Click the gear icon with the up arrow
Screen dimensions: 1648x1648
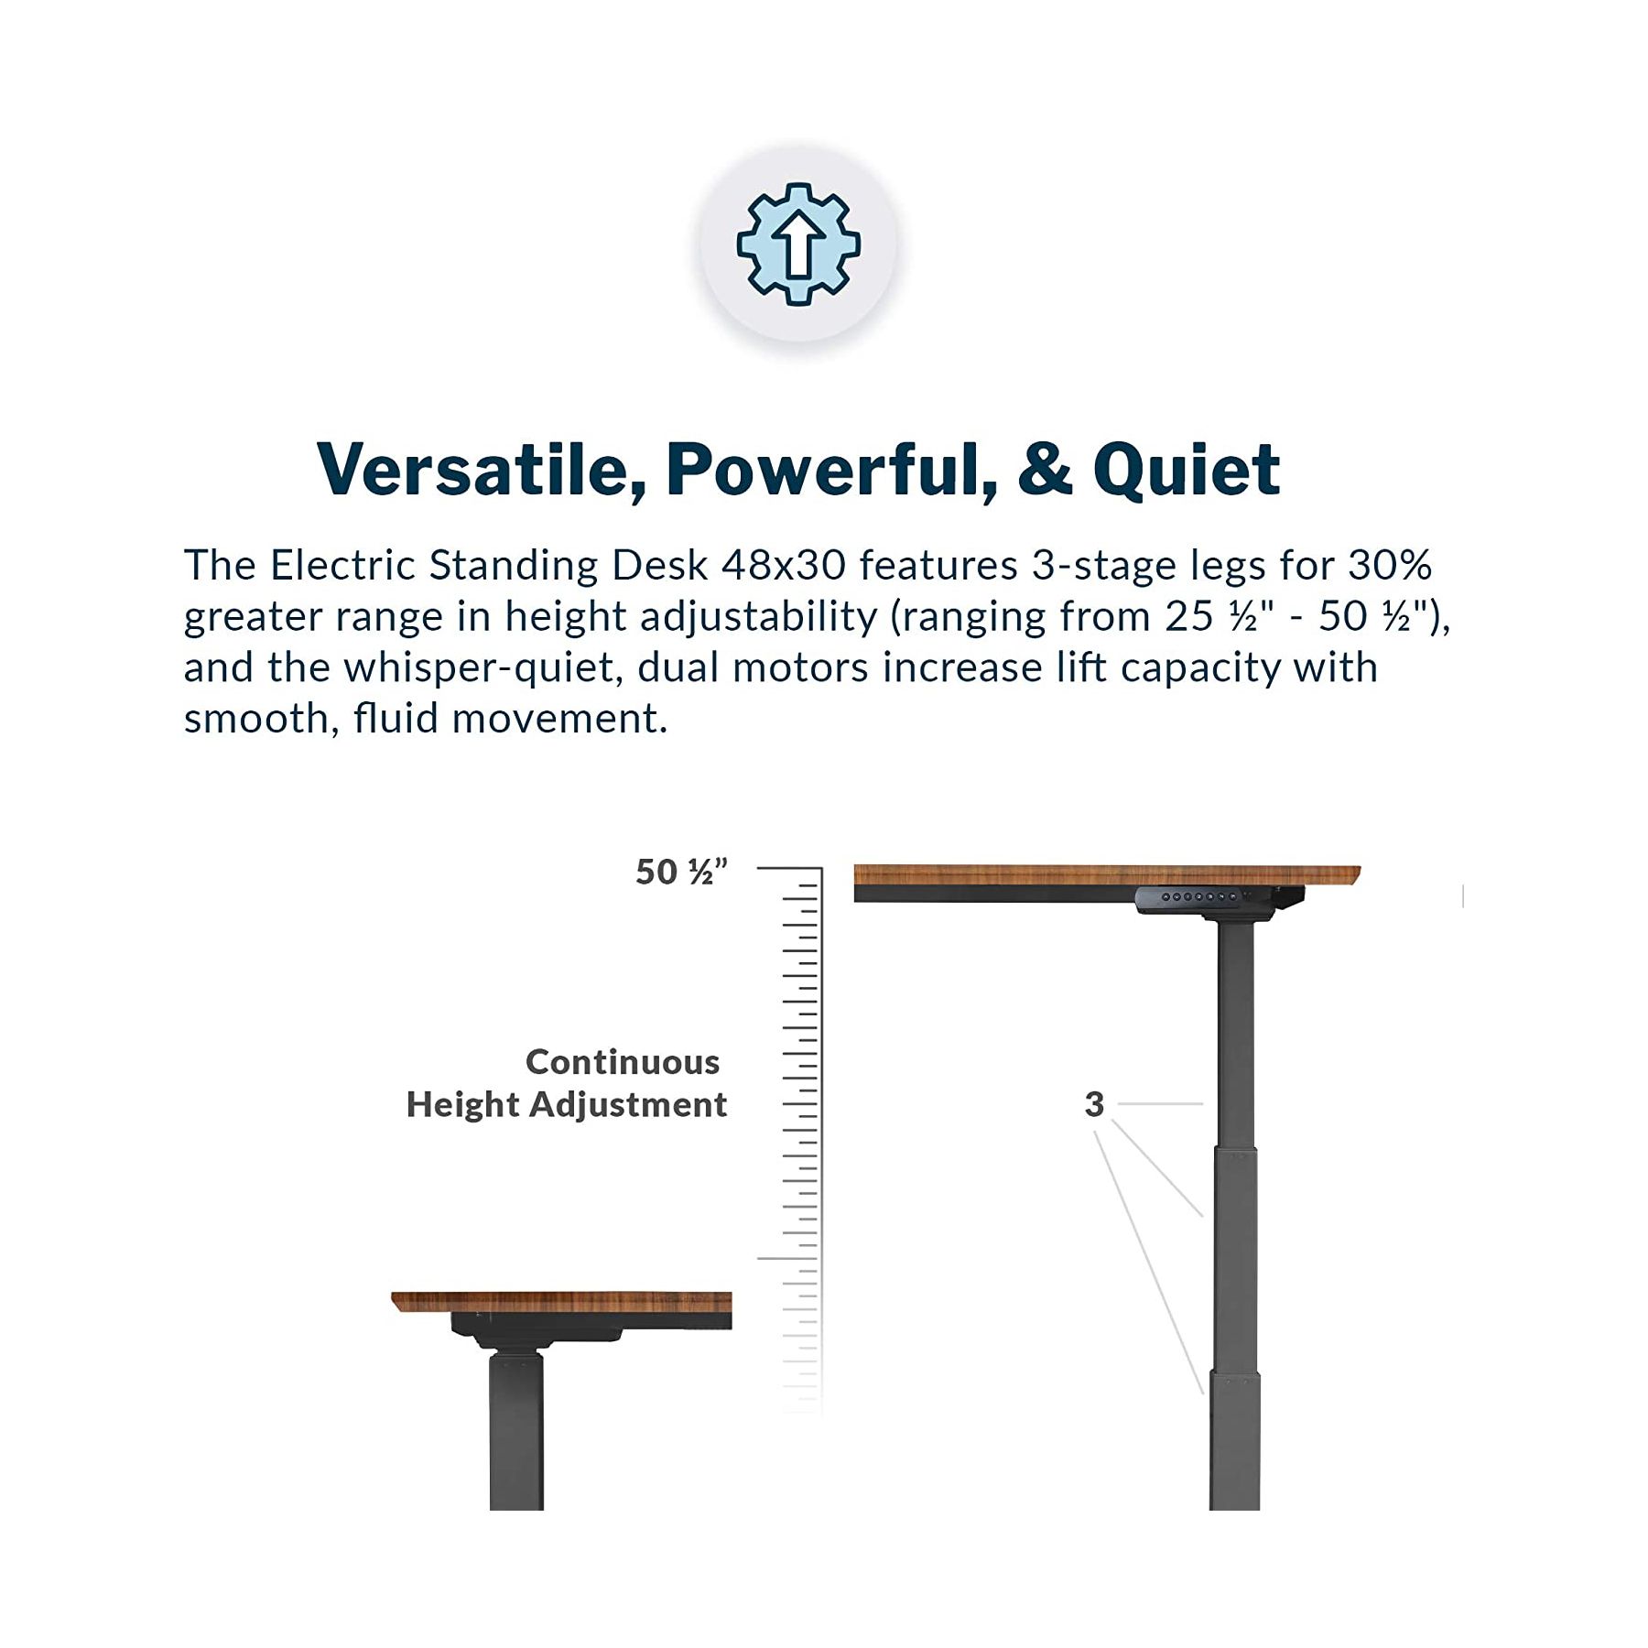(798, 244)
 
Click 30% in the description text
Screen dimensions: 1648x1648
(1390, 565)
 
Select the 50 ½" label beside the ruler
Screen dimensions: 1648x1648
(682, 872)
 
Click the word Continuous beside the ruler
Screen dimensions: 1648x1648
(623, 1062)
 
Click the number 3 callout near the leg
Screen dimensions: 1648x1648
(1094, 1104)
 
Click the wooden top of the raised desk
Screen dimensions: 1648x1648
(1107, 875)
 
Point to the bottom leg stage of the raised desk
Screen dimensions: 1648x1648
(1235, 1440)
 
